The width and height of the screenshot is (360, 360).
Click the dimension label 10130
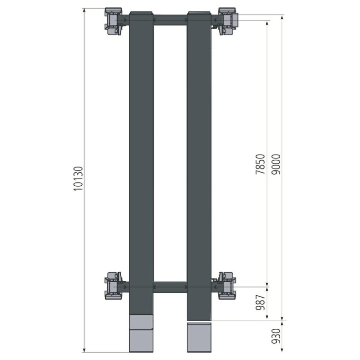(78, 179)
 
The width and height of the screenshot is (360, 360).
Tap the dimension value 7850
(261, 164)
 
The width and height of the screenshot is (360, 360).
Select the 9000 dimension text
(276, 164)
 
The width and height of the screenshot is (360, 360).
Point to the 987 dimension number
(261, 302)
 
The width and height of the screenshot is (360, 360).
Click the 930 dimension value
(276, 336)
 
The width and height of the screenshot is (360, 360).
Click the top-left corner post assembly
(113, 21)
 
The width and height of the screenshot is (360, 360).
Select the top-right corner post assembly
(227, 21)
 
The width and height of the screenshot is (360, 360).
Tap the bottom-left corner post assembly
(113, 286)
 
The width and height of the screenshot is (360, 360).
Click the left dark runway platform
(141, 163)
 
